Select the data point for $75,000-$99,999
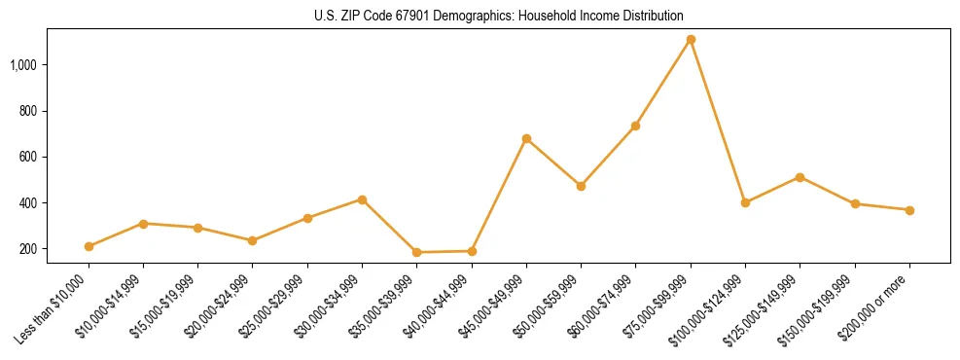tap(691, 40)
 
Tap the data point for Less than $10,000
tap(89, 246)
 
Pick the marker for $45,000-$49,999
tap(526, 138)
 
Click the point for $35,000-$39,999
tap(416, 252)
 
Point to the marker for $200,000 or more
tap(909, 210)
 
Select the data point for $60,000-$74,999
tap(635, 126)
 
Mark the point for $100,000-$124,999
tap(745, 202)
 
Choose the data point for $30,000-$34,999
tap(362, 199)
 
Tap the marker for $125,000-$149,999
tap(800, 177)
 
